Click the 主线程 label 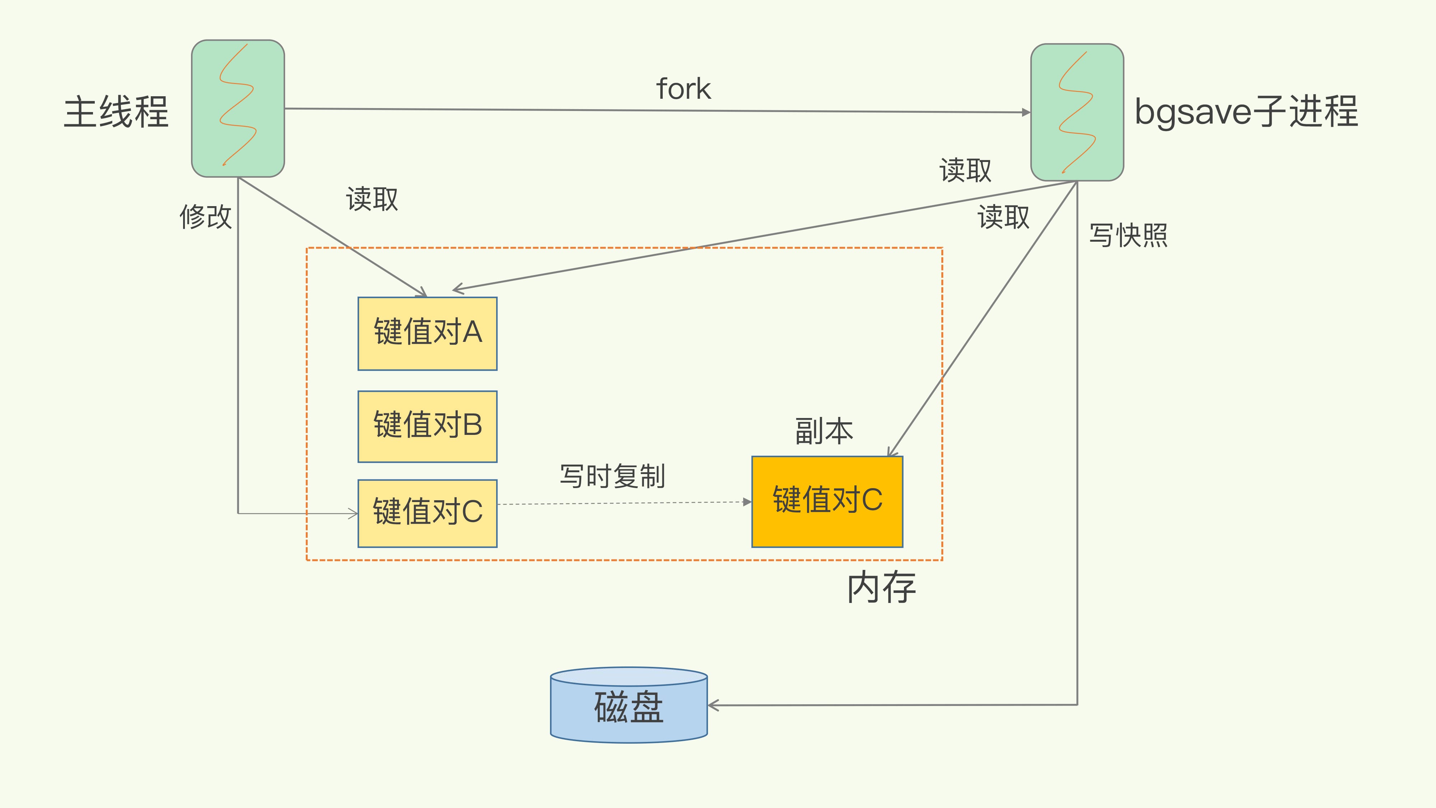point(116,112)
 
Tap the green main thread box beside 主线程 point(238,109)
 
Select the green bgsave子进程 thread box point(1077,112)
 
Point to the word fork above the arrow point(684,89)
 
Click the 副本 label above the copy point(824,431)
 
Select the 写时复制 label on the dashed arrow point(612,476)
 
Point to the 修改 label point(205,216)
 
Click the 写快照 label point(1128,235)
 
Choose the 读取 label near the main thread point(372,199)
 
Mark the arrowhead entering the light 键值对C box point(353,514)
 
